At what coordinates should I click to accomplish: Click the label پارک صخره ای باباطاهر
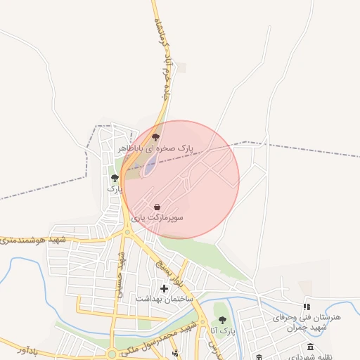pyautogui.click(x=155, y=148)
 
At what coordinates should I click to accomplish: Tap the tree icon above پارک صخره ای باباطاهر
pyautogui.click(x=155, y=137)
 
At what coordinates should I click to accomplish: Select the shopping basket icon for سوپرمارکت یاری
pyautogui.click(x=156, y=207)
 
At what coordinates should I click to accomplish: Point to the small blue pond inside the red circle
pyautogui.click(x=150, y=165)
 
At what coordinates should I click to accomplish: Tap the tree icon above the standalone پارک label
pyautogui.click(x=115, y=178)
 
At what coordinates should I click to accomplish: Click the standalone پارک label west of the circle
pyautogui.click(x=115, y=189)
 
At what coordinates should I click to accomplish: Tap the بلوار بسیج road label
pyautogui.click(x=175, y=271)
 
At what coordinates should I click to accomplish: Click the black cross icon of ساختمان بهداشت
pyautogui.click(x=165, y=288)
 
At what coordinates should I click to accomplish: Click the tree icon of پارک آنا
pyautogui.click(x=222, y=320)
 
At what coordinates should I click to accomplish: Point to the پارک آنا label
pyautogui.click(x=222, y=330)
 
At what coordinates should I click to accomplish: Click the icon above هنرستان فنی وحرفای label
pyautogui.click(x=307, y=307)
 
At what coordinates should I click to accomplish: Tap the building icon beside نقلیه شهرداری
pyautogui.click(x=311, y=347)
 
